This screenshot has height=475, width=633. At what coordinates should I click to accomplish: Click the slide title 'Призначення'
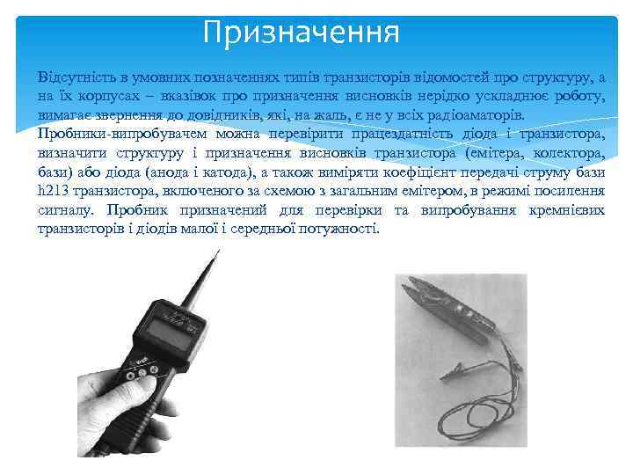301,33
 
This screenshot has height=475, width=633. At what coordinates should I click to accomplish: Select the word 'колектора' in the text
564,153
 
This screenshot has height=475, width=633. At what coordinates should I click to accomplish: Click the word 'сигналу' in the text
69,210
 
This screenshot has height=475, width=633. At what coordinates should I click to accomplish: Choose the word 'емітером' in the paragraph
411,191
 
